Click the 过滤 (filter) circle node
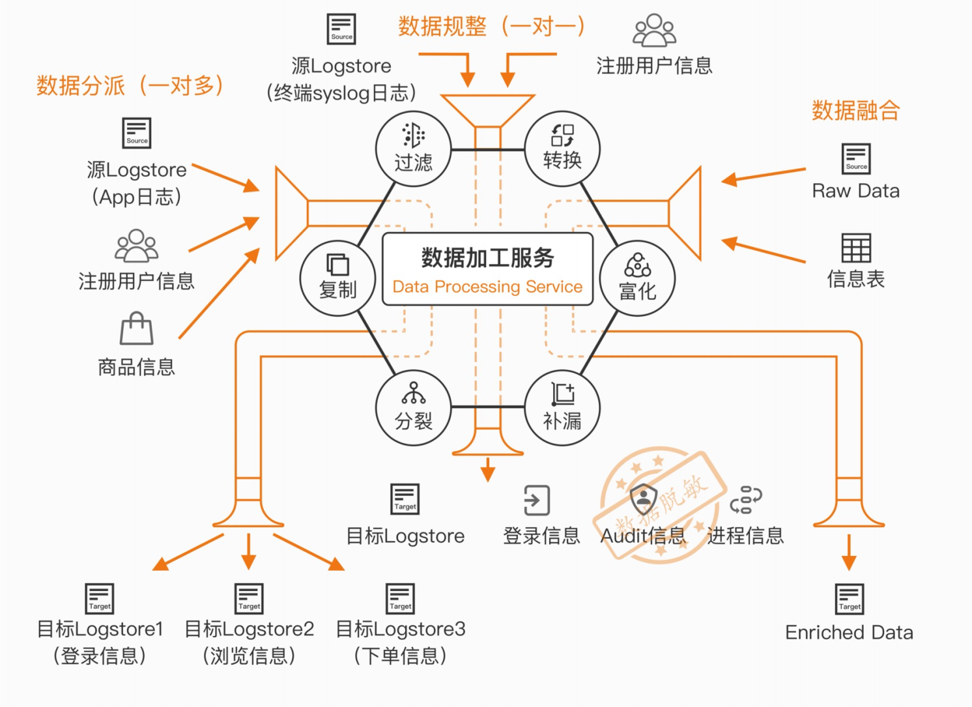413,149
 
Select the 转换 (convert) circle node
562,149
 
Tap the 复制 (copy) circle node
337,278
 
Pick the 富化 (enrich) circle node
637,278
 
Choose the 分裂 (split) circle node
413,408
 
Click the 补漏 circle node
562,408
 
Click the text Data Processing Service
487,287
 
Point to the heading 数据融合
855,110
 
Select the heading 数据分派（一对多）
130,85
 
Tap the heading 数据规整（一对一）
491,27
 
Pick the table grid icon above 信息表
856,248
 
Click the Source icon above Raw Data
856,159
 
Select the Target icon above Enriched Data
850,599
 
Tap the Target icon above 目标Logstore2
249,599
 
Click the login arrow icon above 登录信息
537,500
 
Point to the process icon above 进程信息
746,500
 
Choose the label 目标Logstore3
401,629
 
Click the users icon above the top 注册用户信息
655,31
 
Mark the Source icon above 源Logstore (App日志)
137,133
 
